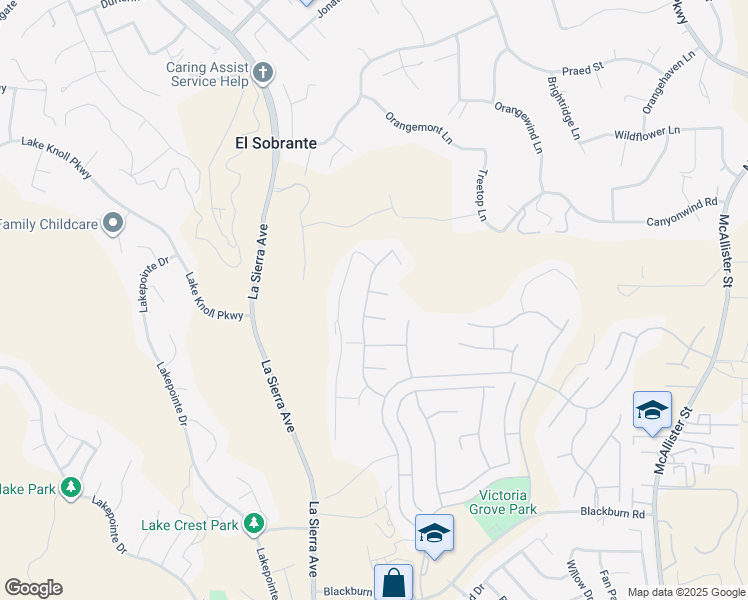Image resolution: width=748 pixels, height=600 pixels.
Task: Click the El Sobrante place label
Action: coord(275,143)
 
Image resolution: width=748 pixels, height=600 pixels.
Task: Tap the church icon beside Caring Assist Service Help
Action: coord(263,72)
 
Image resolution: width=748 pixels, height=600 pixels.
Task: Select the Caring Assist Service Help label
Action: coord(207,74)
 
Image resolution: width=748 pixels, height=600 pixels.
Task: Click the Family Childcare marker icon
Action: coord(113,223)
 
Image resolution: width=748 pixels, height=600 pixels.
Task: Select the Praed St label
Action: coord(584,68)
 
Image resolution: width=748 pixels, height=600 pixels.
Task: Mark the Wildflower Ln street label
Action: coord(646,132)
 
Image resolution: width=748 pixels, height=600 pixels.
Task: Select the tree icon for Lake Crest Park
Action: coord(254,523)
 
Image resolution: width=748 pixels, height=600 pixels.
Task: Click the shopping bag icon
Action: coord(393,582)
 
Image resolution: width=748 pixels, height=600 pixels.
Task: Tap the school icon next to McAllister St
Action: coord(652,410)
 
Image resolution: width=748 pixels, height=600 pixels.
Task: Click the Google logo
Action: coord(33,588)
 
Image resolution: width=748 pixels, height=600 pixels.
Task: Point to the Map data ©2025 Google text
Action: coord(685,592)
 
